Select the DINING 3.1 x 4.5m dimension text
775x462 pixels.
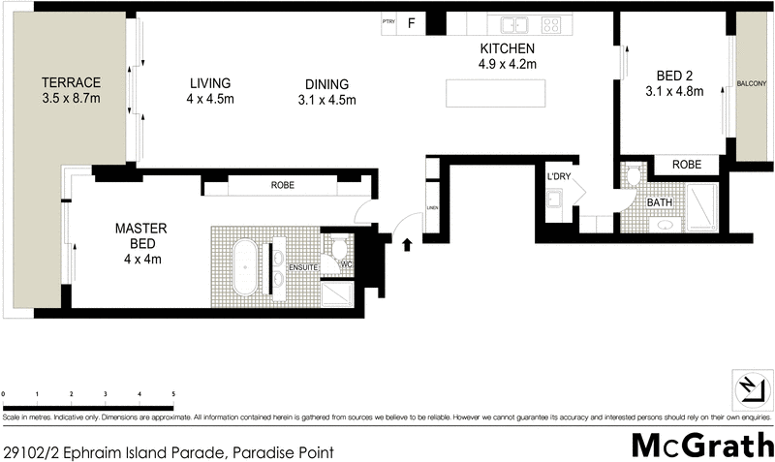point(326,100)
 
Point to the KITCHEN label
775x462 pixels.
point(508,49)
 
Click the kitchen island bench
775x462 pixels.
point(494,93)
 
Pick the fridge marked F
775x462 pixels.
point(411,24)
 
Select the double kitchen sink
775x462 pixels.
point(512,25)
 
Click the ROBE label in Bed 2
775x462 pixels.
point(687,165)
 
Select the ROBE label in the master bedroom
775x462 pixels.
point(283,185)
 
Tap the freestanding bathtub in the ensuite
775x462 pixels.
point(245,268)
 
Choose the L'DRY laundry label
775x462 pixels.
point(559,176)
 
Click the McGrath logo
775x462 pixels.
point(701,445)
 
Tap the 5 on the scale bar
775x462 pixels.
point(173,394)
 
